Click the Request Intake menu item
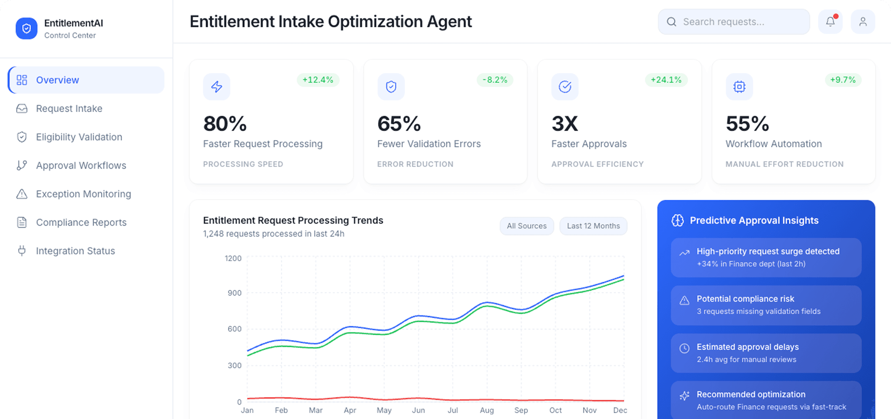pyautogui.click(x=69, y=109)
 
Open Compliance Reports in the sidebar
pyautogui.click(x=81, y=222)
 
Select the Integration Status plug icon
pyautogui.click(x=22, y=251)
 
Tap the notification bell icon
pyautogui.click(x=830, y=22)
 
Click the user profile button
pyautogui.click(x=863, y=22)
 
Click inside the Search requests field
pyautogui.click(x=738, y=22)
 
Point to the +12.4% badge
pyautogui.click(x=318, y=80)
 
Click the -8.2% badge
pyautogui.click(x=495, y=80)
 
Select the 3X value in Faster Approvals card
pyautogui.click(x=565, y=124)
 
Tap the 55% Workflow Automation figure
pyautogui.click(x=747, y=124)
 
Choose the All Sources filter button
pyautogui.click(x=526, y=226)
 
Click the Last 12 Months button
pyautogui.click(x=593, y=226)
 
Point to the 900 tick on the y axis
pyautogui.click(x=234, y=293)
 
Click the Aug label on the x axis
pyautogui.click(x=487, y=410)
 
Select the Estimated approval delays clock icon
pyautogui.click(x=685, y=348)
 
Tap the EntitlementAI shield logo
pyautogui.click(x=26, y=29)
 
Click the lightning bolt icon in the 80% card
pyautogui.click(x=217, y=87)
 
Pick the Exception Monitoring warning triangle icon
pyautogui.click(x=22, y=194)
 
